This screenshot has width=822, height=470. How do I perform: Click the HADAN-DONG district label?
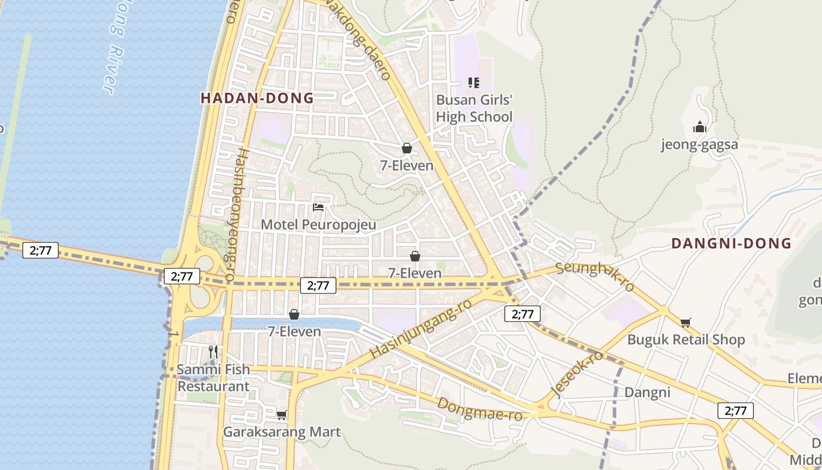coord(257,98)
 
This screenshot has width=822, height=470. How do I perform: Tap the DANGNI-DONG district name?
coord(731,243)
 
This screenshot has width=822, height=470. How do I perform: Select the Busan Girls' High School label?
coord(474,108)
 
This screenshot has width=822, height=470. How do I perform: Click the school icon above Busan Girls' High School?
coord(474,83)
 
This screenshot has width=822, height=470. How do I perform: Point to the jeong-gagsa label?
coord(699,145)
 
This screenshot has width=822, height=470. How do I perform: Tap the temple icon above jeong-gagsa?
coord(699,127)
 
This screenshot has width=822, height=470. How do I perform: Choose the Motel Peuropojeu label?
coord(318,224)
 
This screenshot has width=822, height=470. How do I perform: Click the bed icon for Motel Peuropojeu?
coord(318,207)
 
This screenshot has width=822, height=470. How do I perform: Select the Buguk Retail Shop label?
coord(686,340)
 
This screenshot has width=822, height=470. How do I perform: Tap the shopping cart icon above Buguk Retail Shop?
coord(685,322)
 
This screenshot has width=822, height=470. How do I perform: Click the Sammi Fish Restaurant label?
coord(214,378)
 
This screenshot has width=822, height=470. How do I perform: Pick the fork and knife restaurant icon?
coord(213,352)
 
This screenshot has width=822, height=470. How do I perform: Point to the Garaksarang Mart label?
coord(282,432)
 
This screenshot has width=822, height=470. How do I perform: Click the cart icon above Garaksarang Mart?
coord(282,415)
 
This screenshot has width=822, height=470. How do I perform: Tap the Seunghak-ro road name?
coord(595,276)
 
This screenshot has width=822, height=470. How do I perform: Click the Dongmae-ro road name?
coord(480,409)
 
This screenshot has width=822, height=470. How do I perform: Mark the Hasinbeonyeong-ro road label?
coord(235,214)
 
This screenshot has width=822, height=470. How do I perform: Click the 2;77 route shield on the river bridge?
coord(41,250)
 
